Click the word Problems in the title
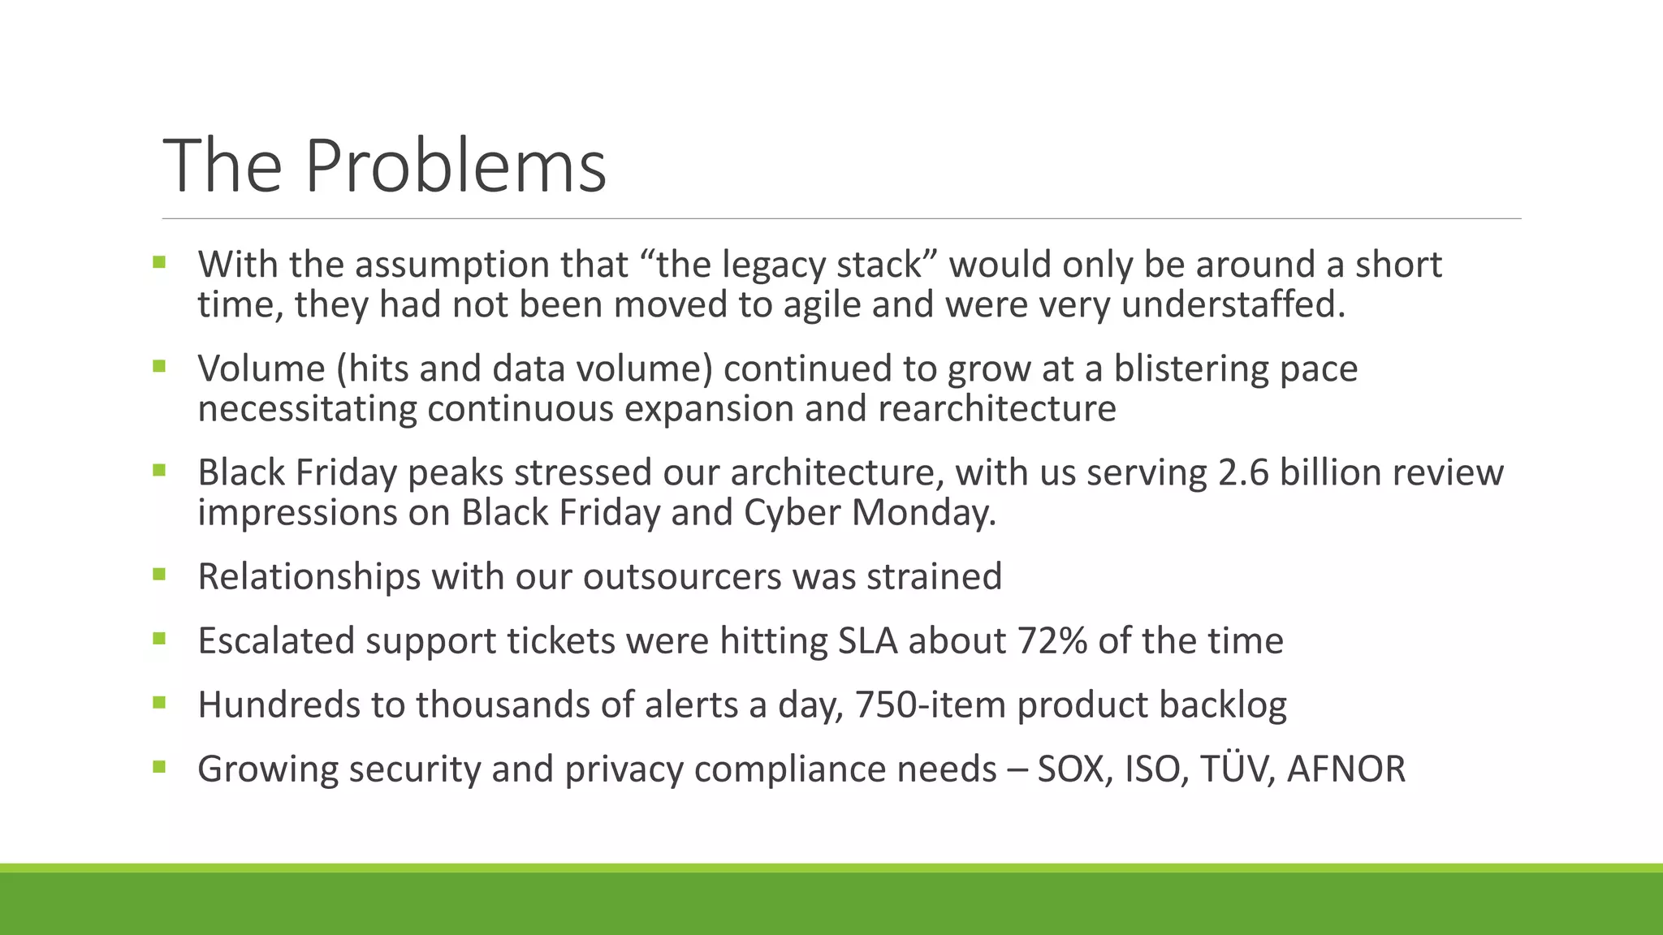tap(456, 166)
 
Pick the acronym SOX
tap(1074, 769)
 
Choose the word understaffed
tap(1233, 305)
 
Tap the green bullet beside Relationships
tap(158, 575)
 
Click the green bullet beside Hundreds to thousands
tap(158, 703)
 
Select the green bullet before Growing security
tap(158, 767)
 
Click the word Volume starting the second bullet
tap(261, 368)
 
